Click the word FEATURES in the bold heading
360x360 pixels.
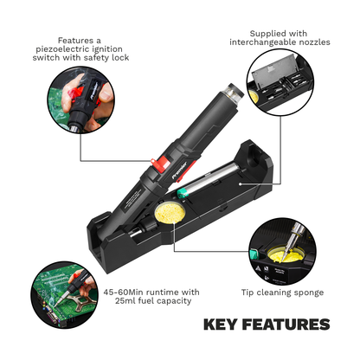click(286, 325)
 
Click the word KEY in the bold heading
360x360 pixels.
click(221, 325)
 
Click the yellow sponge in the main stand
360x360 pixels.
click(169, 213)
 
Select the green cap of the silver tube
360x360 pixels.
click(183, 192)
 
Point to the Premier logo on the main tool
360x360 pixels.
click(179, 170)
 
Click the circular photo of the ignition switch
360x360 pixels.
click(80, 100)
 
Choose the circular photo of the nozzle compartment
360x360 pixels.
click(280, 82)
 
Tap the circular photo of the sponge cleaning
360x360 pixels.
click(282, 252)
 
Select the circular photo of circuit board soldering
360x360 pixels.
click(65, 295)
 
